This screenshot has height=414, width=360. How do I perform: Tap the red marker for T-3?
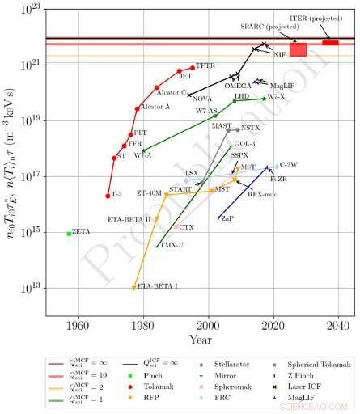click(x=108, y=196)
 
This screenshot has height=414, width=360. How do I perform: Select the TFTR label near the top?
click(x=205, y=64)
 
